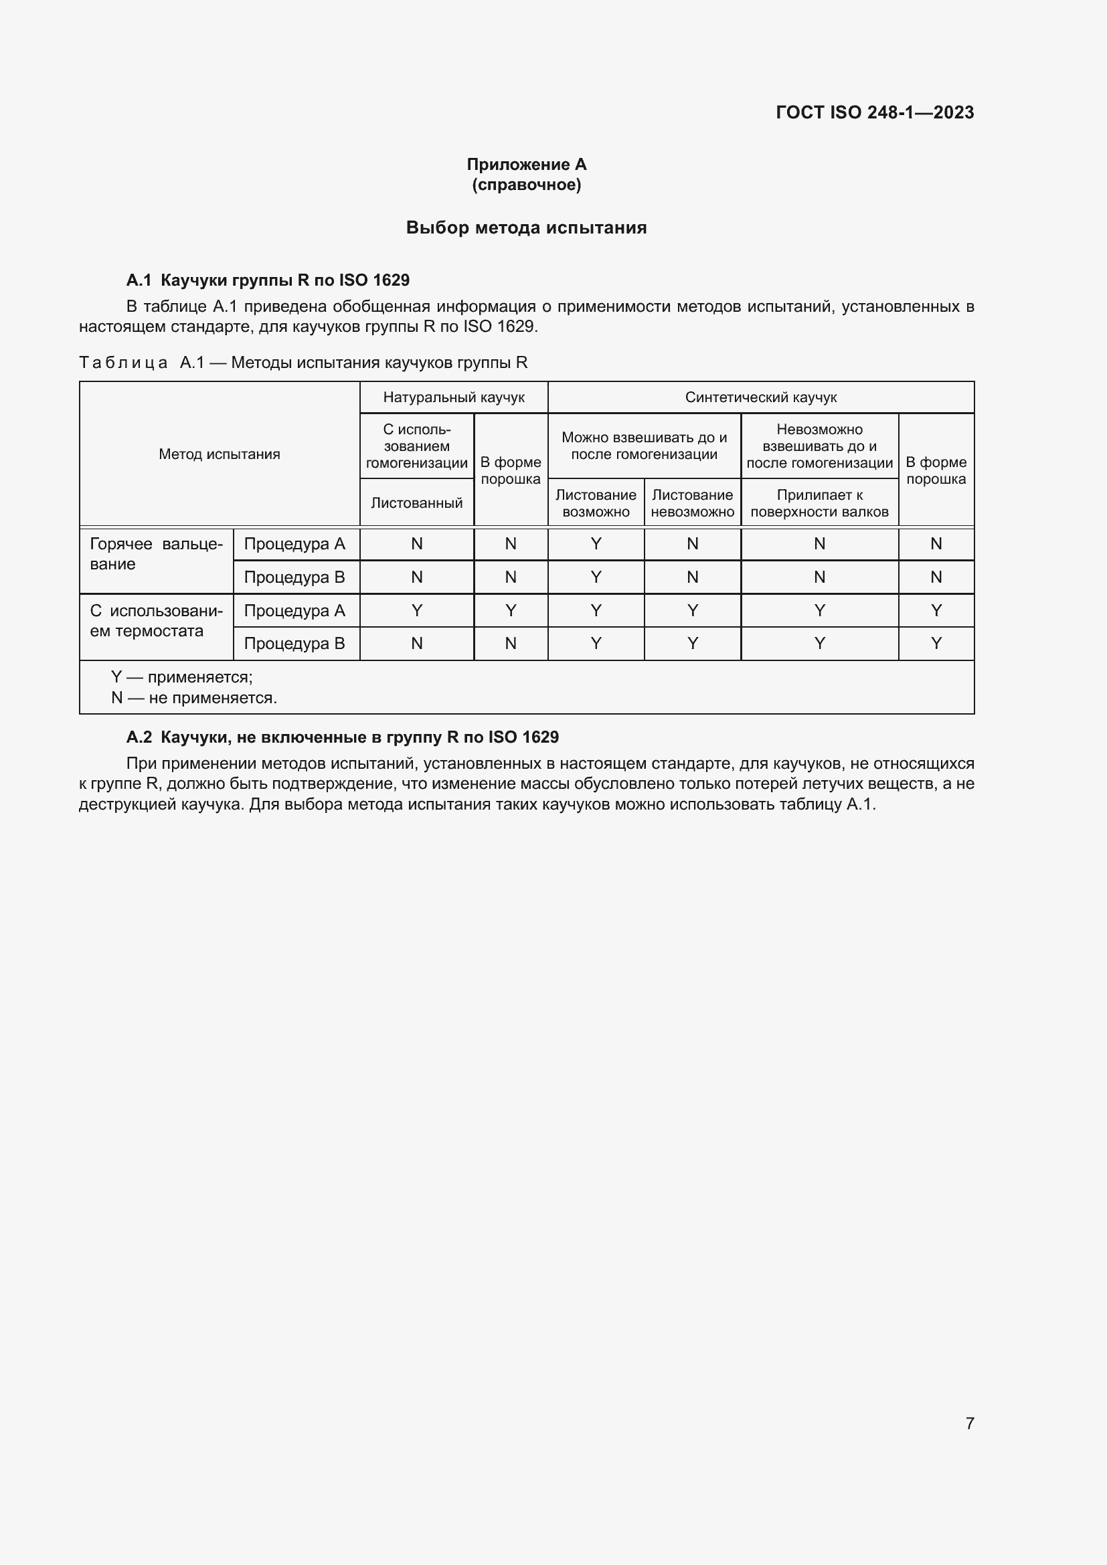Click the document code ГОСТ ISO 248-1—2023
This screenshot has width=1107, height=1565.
click(x=875, y=112)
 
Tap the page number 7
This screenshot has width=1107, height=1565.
click(x=969, y=1423)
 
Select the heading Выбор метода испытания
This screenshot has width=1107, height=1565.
click(x=526, y=227)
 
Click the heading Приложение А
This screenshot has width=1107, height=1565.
click(x=526, y=165)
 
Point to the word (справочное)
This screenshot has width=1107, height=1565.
click(x=526, y=185)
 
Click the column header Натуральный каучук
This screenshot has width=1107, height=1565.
click(x=453, y=397)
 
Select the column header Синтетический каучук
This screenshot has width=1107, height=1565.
click(x=761, y=397)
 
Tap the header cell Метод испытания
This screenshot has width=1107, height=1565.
click(x=220, y=454)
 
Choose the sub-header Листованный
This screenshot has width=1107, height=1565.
click(x=416, y=503)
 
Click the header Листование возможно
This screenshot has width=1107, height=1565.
click(x=596, y=503)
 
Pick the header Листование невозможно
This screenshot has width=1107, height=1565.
click(x=692, y=503)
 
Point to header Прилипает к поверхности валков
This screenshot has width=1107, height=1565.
click(x=819, y=503)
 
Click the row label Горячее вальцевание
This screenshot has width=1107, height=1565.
click(x=156, y=553)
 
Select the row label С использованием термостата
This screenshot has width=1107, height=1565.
click(x=156, y=620)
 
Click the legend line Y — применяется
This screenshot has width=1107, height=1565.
click(x=182, y=678)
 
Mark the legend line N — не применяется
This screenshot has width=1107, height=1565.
click(x=194, y=698)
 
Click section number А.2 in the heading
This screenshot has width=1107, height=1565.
click(x=139, y=737)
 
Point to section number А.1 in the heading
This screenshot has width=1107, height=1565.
click(x=139, y=280)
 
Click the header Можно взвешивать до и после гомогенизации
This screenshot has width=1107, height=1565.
click(x=644, y=446)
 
